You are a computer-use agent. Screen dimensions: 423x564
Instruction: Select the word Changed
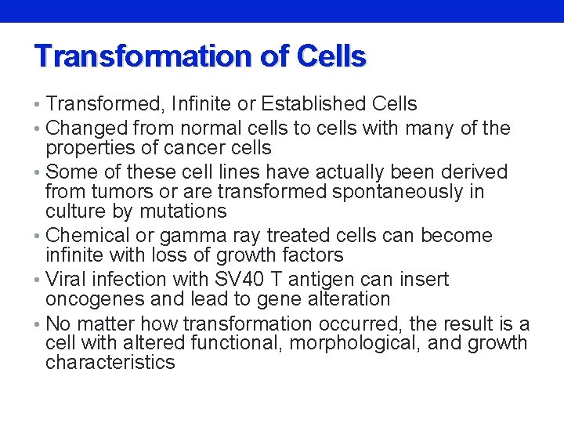click(x=87, y=128)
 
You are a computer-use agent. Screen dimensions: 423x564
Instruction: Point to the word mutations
click(x=183, y=211)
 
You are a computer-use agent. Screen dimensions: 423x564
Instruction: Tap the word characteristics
click(x=110, y=363)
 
